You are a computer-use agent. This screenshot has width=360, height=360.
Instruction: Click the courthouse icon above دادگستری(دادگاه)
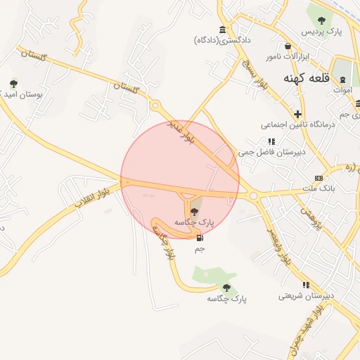[x=223, y=29]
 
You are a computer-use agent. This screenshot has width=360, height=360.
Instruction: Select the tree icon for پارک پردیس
[x=321, y=20]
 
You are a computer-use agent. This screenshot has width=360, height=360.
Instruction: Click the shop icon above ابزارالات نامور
[x=269, y=55]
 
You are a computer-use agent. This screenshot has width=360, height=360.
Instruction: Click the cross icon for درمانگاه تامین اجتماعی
[x=298, y=113]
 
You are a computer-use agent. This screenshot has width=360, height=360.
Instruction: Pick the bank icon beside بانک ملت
[x=319, y=177]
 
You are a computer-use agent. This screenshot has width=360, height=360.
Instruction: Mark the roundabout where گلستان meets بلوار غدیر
[x=155, y=105]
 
